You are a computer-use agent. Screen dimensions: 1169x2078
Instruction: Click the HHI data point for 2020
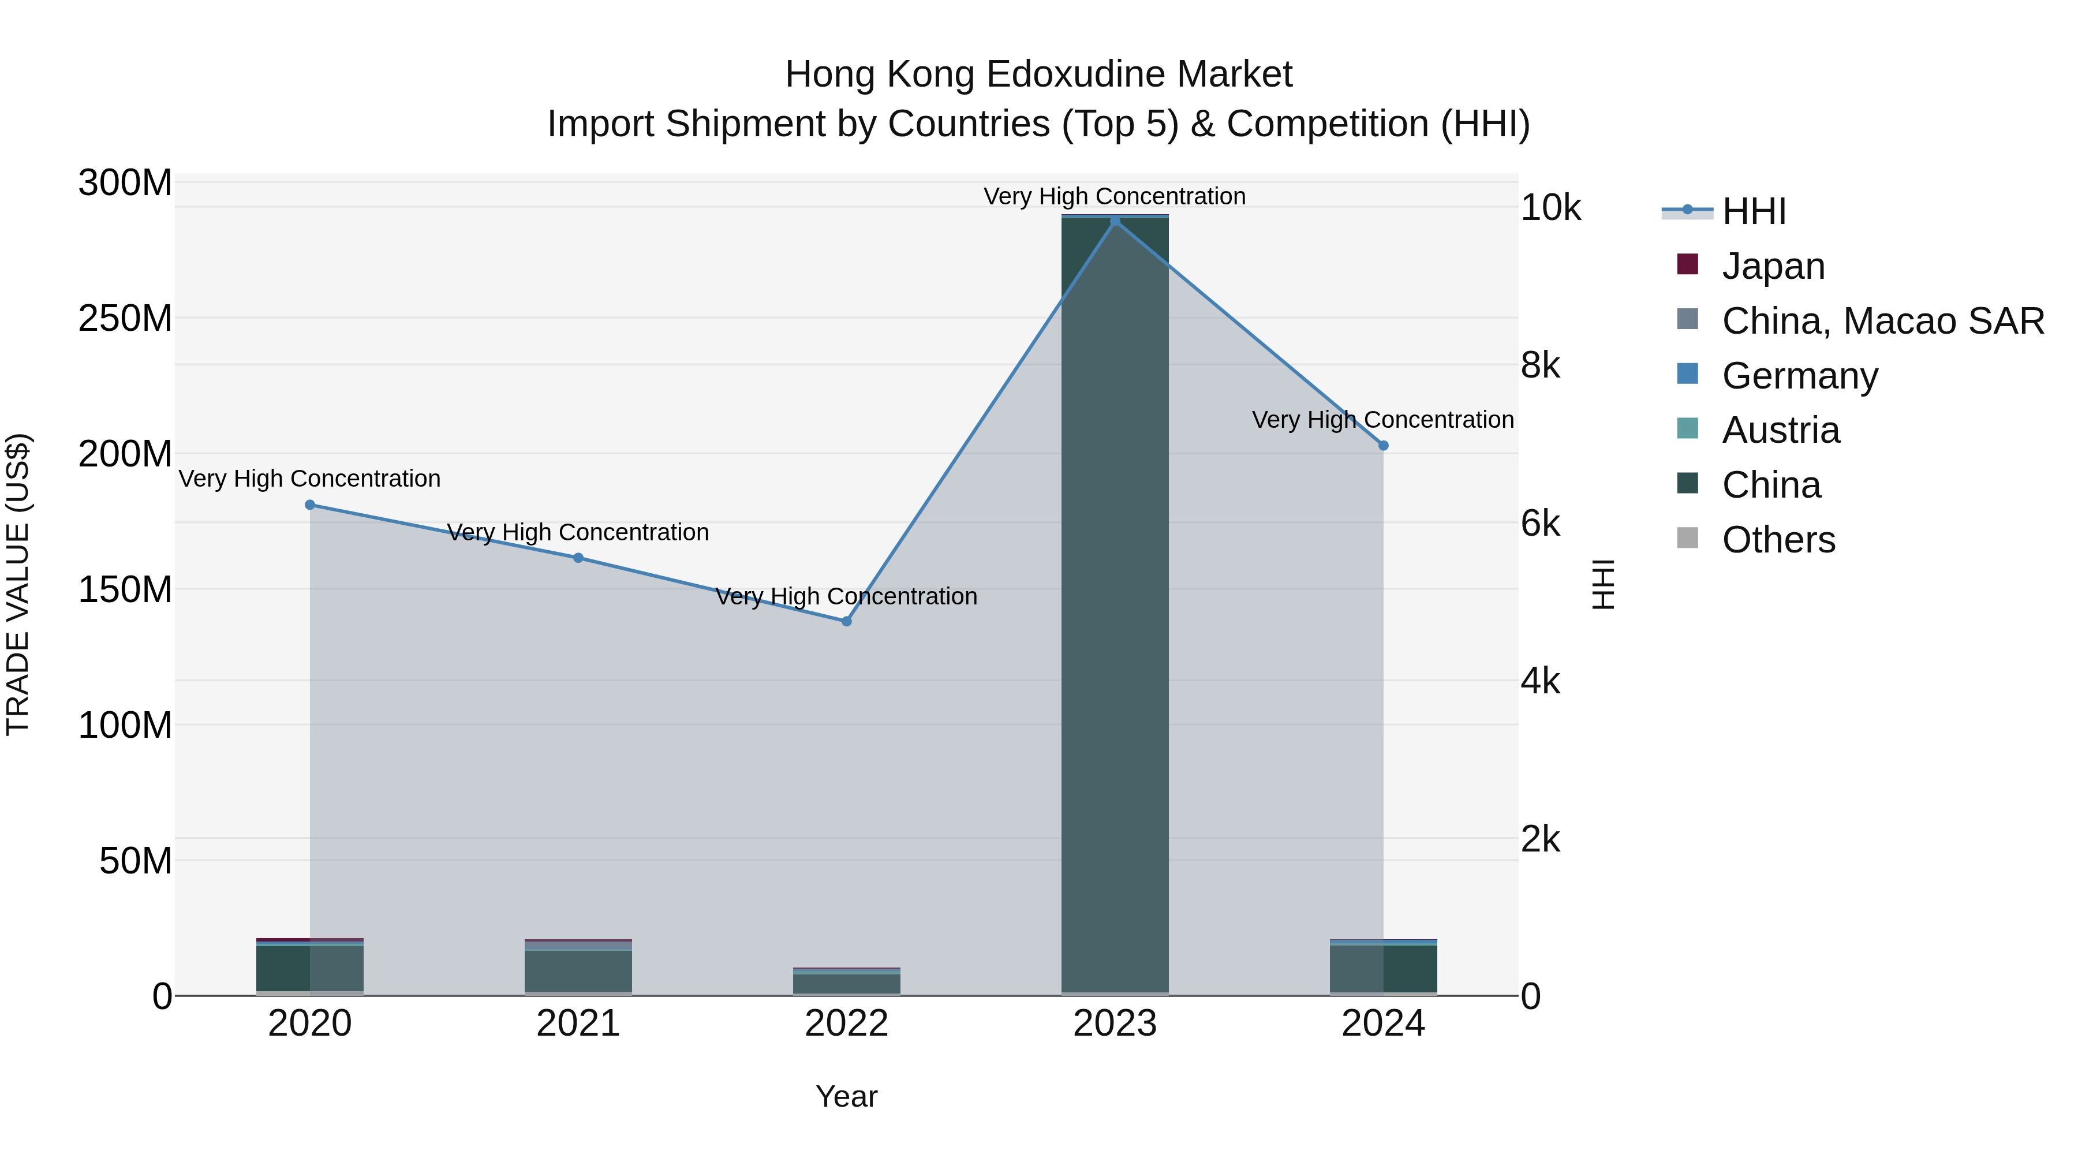(310, 505)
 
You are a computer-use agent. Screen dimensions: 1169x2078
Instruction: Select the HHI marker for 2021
(578, 558)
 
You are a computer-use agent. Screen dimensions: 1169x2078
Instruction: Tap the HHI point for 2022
(846, 621)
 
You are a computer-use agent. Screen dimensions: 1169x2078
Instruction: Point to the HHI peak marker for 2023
(1115, 221)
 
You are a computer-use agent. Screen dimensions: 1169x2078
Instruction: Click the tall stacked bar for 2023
(1115, 605)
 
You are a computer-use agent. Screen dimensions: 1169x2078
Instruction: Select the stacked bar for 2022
(846, 983)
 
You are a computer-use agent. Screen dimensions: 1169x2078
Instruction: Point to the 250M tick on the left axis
(125, 319)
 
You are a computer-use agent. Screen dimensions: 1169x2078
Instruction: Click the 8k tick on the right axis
(1540, 365)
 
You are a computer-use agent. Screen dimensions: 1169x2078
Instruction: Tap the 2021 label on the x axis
(578, 1024)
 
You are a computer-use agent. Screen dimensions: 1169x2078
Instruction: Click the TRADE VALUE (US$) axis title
(18, 585)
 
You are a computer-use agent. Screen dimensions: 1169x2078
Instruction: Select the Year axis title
(846, 1096)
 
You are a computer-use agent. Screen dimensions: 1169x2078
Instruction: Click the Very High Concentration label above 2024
(1382, 420)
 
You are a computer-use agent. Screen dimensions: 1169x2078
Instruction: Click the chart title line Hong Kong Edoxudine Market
(1038, 74)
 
